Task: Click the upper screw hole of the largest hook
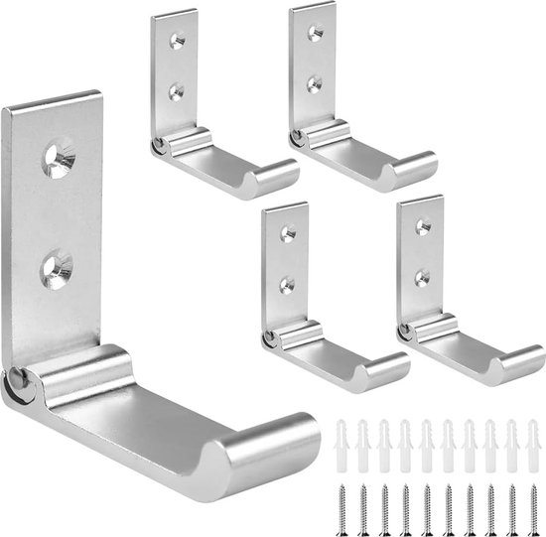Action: (59, 159)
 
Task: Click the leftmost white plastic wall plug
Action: (341, 438)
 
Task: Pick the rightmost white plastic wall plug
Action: (532, 438)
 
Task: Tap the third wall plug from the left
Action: (384, 438)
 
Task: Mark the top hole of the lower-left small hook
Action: (288, 234)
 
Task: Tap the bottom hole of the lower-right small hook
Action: (422, 273)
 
